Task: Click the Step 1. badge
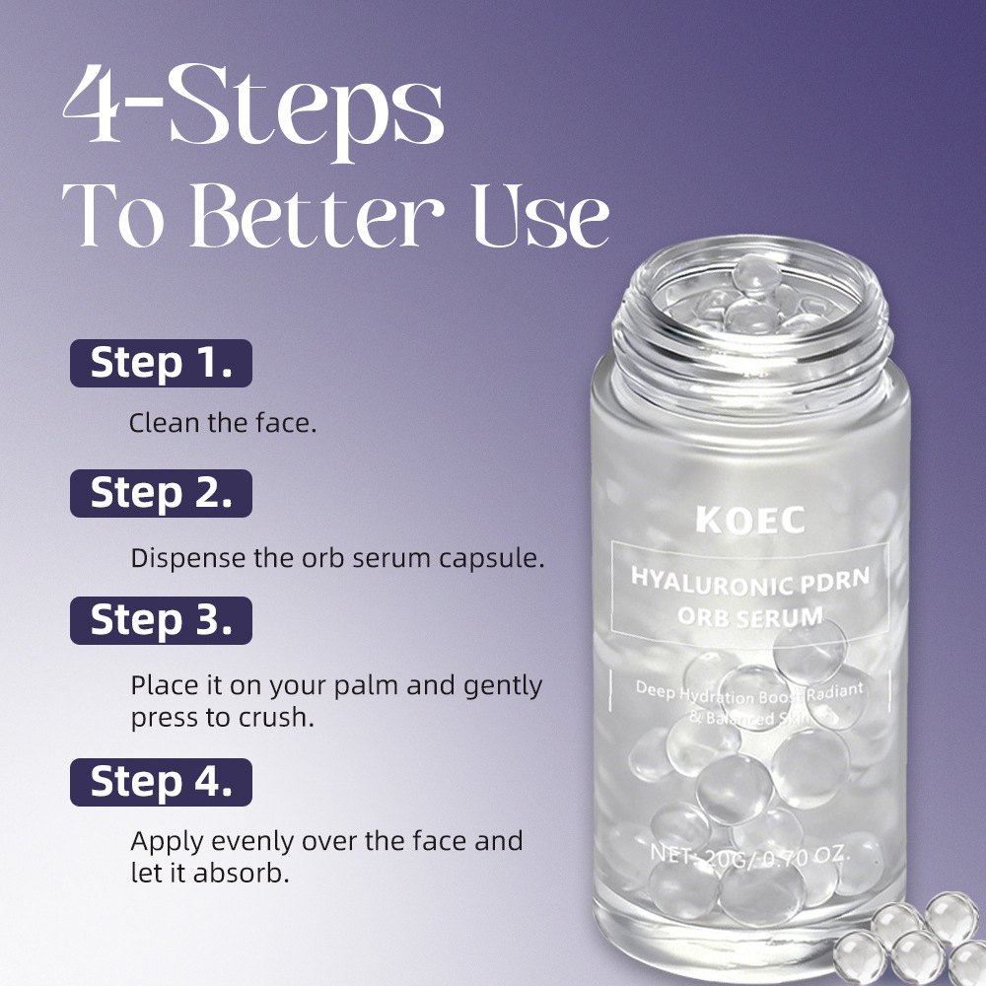click(x=161, y=363)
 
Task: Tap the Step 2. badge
click(x=161, y=493)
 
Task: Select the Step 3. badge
click(x=161, y=620)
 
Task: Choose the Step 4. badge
click(x=161, y=782)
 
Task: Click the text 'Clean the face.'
click(x=223, y=424)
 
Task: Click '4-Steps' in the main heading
click(x=252, y=117)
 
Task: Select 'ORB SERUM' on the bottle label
click(x=751, y=617)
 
